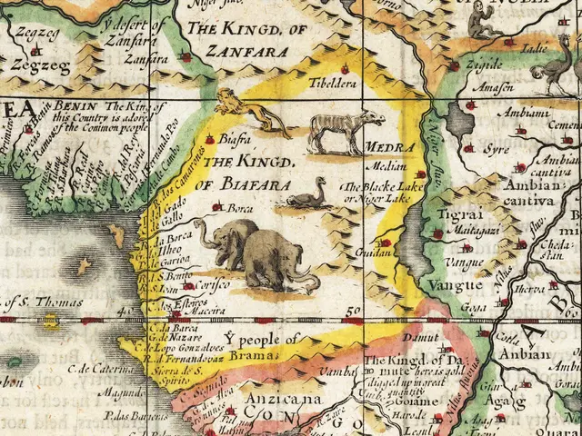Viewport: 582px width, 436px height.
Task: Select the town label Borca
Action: pos(240,208)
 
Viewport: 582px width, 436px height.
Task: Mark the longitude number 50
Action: pos(353,312)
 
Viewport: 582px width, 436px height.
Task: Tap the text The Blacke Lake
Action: pos(373,186)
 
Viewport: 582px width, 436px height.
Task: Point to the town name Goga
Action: pos(456,307)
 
